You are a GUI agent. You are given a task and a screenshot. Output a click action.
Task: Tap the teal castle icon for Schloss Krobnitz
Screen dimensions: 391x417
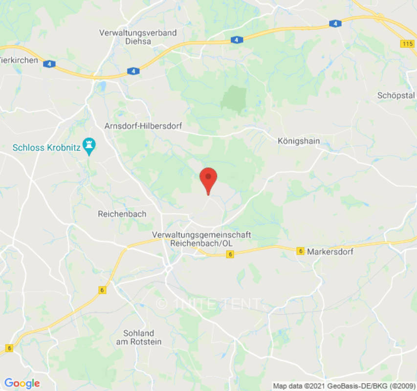pos(89,144)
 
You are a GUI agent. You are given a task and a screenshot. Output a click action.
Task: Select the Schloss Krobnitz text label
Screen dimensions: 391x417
pos(47,147)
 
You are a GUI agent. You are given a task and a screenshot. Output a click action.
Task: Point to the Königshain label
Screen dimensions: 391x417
pos(298,141)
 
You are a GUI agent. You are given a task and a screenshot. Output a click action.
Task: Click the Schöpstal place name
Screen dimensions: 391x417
pos(396,95)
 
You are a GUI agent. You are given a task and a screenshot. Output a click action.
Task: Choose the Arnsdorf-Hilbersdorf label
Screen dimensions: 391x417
pos(143,126)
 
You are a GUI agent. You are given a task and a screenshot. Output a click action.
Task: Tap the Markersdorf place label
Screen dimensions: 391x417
pos(330,251)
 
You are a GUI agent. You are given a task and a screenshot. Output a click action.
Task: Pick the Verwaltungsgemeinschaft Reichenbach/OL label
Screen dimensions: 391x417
pos(201,239)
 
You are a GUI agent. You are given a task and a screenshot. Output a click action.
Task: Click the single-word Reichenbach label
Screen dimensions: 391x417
pos(122,214)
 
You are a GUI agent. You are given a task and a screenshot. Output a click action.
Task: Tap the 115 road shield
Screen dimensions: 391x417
pos(407,44)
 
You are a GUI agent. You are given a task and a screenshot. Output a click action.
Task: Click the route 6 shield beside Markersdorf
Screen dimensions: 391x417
pos(301,251)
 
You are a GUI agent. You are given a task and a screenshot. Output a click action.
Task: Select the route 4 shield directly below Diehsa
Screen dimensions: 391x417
pos(133,71)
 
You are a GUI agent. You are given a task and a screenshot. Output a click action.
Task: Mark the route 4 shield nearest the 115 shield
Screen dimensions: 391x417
pos(335,23)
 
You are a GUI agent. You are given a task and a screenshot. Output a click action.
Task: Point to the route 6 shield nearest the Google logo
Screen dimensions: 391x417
pos(9,348)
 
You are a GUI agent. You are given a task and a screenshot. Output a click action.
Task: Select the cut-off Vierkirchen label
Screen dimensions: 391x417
pos(19,60)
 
